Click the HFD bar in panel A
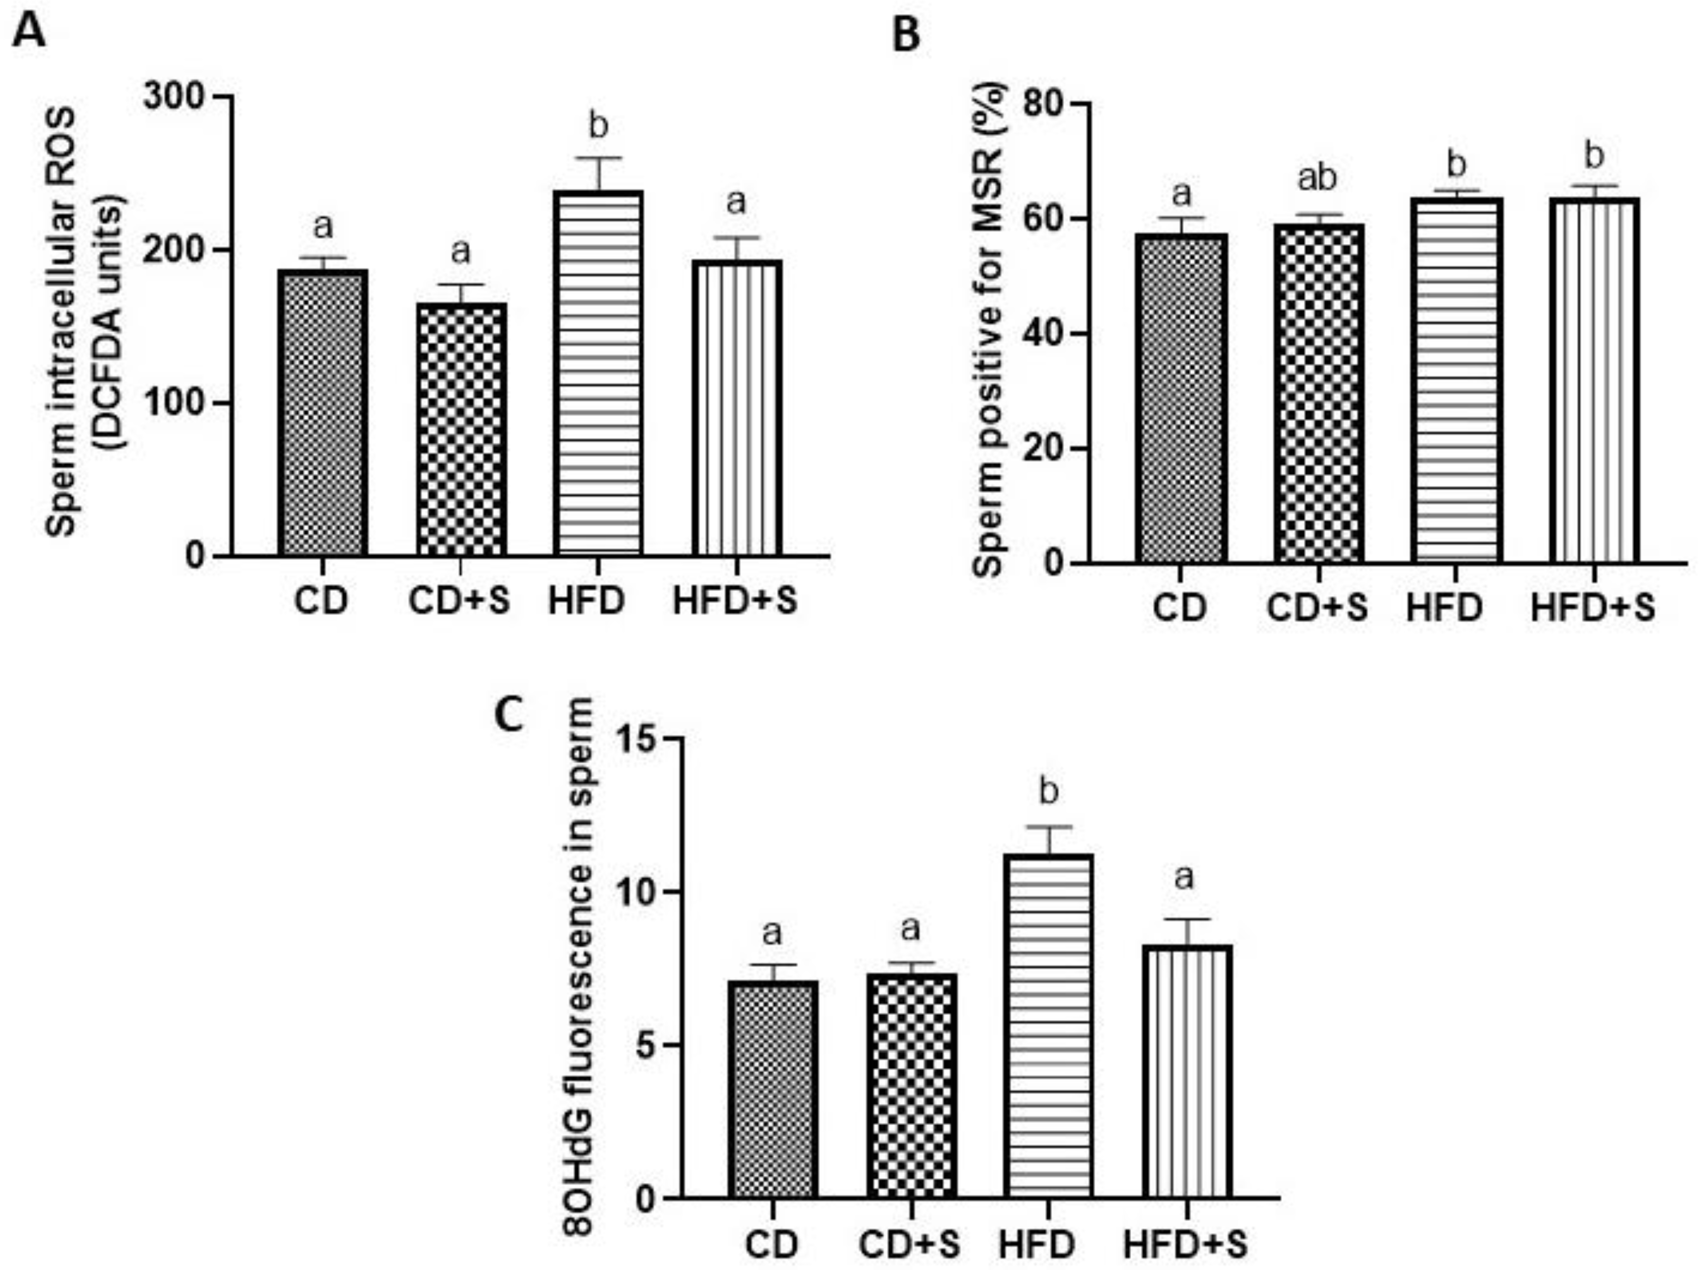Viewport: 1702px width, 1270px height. pos(599,373)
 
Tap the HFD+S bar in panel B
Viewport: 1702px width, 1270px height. pos(1593,381)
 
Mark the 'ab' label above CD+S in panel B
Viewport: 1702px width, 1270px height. pos(1318,178)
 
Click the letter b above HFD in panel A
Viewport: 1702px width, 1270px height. pos(598,124)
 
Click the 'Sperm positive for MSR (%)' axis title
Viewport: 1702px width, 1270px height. pos(992,331)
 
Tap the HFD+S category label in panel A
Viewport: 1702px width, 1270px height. pos(735,601)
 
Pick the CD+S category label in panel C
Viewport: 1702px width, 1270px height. pos(910,1245)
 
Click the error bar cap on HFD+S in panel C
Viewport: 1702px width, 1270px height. pos(1186,919)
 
